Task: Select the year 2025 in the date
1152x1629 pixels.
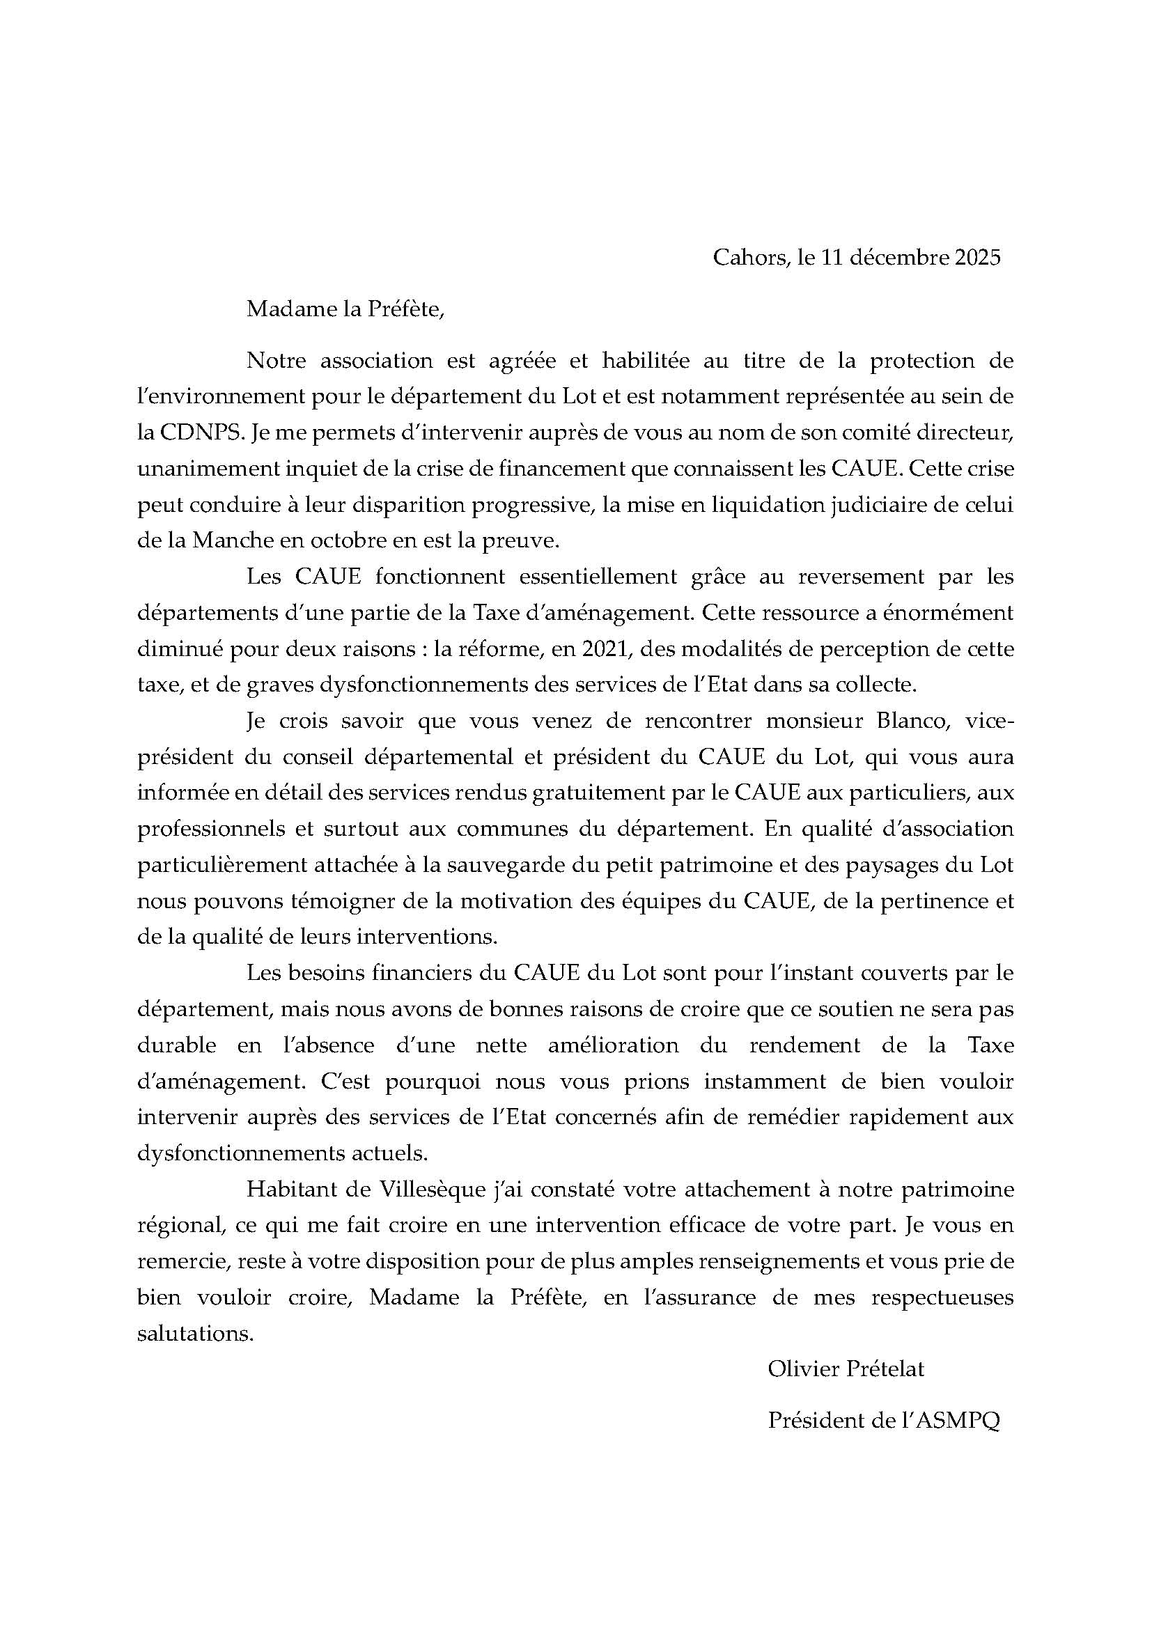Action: click(x=977, y=257)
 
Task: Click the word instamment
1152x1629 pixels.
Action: click(x=765, y=1082)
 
